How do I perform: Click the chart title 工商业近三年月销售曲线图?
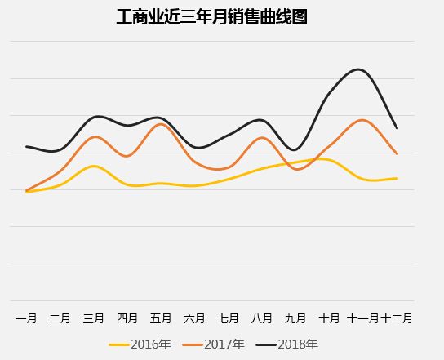[x=212, y=16]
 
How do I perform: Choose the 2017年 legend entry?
[x=214, y=344]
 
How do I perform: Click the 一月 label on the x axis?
[x=26, y=318]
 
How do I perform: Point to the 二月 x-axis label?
[x=60, y=318]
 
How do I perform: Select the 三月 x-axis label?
[x=94, y=318]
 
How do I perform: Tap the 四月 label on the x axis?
[x=127, y=318]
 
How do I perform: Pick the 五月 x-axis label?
[x=161, y=318]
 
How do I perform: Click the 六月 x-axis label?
[x=194, y=318]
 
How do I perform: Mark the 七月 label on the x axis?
[x=228, y=318]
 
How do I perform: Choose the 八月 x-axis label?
[x=262, y=318]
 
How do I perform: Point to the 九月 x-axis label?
[x=295, y=318]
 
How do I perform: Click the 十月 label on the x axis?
[x=329, y=318]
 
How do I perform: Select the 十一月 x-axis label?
[x=362, y=318]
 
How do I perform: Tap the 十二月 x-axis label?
[x=397, y=318]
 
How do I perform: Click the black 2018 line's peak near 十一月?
[x=357, y=69]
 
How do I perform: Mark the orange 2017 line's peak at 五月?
[x=161, y=124]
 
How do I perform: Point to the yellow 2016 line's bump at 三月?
[x=94, y=166]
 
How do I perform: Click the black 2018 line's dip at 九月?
[x=294, y=149]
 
